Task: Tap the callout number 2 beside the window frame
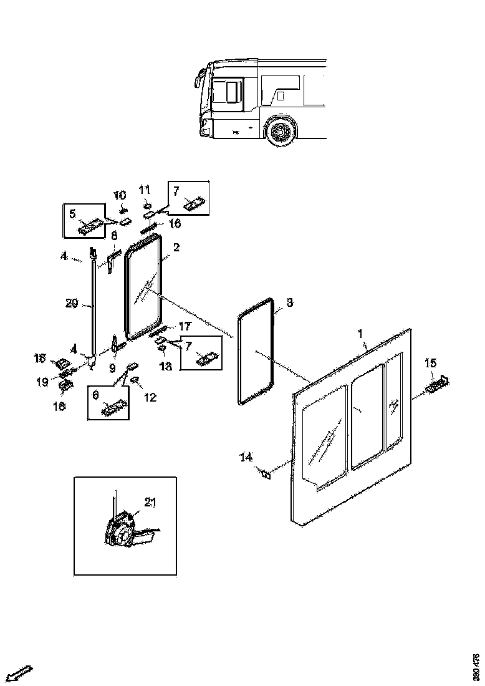pos(176,248)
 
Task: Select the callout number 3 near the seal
pos(289,303)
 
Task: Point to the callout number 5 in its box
pos(72,214)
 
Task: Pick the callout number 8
pos(114,236)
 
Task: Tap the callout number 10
pos(119,195)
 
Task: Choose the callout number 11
pos(144,189)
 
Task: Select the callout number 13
pos(165,367)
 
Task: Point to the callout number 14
pos(246,457)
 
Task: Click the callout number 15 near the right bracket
pos(431,363)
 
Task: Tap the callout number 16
pos(175,223)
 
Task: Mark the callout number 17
pos(185,326)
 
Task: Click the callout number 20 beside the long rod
pos(72,304)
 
